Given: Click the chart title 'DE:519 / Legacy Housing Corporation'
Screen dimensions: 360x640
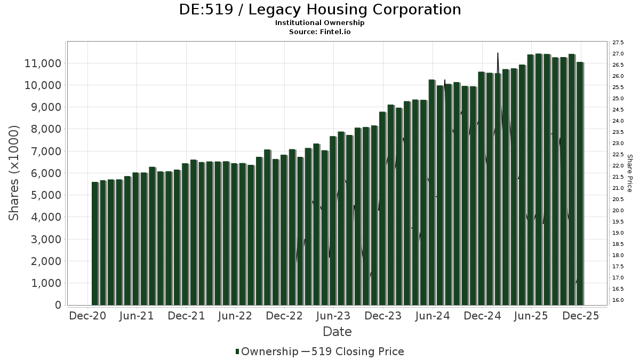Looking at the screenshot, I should point(320,10).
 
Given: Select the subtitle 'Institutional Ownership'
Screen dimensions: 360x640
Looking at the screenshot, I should point(320,23).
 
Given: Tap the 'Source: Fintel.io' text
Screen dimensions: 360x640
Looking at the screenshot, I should point(320,31).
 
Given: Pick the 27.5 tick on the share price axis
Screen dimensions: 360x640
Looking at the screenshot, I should point(619,43).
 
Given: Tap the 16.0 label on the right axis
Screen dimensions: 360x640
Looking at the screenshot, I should point(619,300).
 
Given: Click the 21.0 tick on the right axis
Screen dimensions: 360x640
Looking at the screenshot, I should point(619,188).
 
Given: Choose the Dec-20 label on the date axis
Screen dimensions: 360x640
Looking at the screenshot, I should point(87,316).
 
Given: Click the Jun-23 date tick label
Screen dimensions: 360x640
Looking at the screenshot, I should point(334,316).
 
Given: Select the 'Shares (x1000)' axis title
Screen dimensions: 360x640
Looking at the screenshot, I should point(14,173).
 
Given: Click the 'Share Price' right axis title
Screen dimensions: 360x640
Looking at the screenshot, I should point(629,173).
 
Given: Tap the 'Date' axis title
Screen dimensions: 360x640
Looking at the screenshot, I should point(337,332).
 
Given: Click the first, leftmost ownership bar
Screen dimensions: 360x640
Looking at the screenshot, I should point(95,244).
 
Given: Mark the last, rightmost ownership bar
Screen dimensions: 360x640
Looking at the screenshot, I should point(580,183).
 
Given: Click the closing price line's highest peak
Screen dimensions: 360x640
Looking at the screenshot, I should point(498,53).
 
